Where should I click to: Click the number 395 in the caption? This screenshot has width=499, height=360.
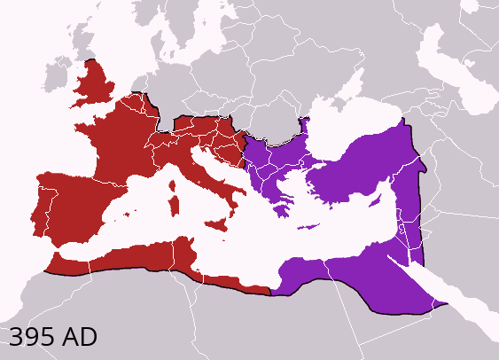pyautogui.click(x=33, y=337)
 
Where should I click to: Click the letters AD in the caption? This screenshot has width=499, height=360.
pyautogui.click(x=80, y=337)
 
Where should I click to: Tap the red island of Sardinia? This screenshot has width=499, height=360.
pyautogui.click(x=175, y=207)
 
